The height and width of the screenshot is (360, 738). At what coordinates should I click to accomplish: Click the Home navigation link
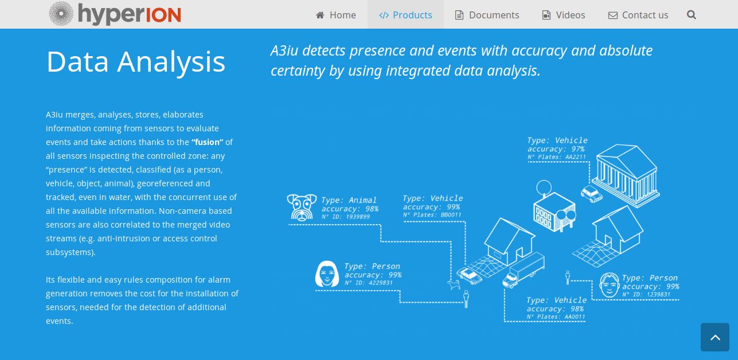(335, 15)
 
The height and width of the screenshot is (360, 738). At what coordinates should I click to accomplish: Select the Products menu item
(405, 15)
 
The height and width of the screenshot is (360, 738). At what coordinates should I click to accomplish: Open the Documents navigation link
(487, 15)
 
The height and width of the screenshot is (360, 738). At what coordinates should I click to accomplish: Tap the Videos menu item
(564, 15)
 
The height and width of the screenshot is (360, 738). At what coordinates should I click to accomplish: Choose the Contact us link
(638, 15)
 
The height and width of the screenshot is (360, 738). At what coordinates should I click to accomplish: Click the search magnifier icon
(691, 15)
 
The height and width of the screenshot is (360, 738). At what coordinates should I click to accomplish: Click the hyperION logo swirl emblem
(61, 14)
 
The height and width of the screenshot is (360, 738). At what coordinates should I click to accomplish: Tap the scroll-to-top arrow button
(715, 337)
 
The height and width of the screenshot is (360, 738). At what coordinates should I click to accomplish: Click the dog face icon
(302, 207)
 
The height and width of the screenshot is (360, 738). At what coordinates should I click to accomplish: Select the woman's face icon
(327, 274)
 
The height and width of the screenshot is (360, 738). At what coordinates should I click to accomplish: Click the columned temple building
(626, 175)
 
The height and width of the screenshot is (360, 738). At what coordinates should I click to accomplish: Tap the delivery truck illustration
(524, 270)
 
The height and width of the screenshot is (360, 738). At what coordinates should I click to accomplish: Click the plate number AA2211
(576, 156)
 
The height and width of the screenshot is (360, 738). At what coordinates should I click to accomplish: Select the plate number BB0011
(451, 215)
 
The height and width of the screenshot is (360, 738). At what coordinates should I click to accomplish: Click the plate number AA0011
(575, 317)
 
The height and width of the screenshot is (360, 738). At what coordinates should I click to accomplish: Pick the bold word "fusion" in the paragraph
(207, 142)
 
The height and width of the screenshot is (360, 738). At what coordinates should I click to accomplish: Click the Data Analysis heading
(136, 61)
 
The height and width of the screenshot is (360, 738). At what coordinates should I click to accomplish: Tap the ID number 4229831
(381, 283)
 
